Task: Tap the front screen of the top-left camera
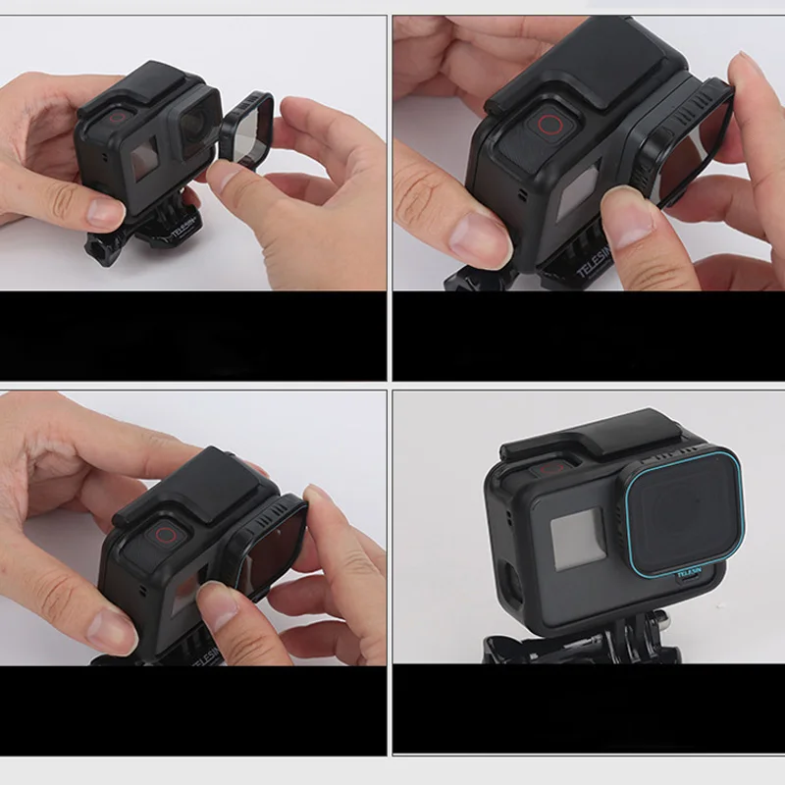(x=143, y=156)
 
